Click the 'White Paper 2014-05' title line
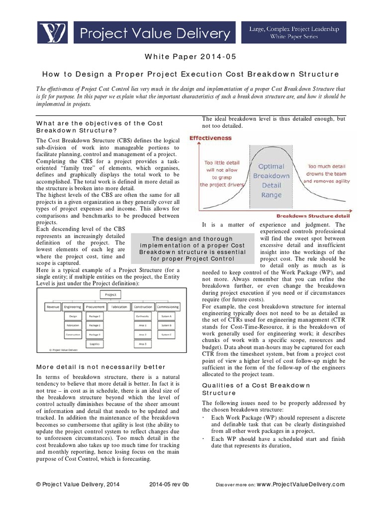191,57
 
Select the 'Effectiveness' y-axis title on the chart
210,138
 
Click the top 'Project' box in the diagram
110,294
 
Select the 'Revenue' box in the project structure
53,307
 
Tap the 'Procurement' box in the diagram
95,307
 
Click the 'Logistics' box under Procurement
95,344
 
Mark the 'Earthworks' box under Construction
143,316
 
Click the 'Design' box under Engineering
73,316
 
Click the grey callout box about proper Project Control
192,249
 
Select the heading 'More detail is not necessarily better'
94,367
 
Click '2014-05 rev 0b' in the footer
169,484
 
